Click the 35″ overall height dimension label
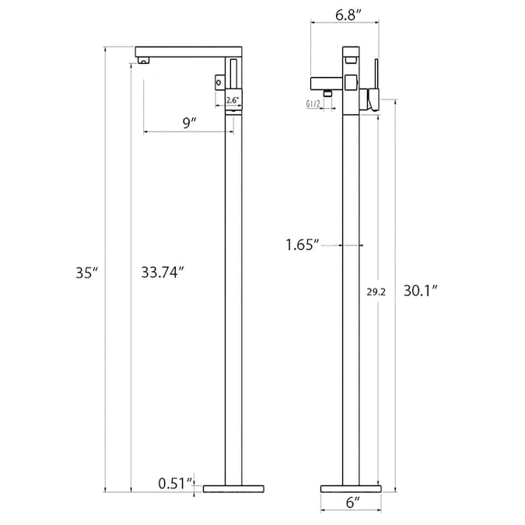pos(86,273)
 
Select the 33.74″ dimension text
pos(163,272)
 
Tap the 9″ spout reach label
pos(189,123)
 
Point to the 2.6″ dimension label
pos(233,100)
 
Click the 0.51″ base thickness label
pos(176,483)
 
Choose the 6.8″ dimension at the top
pos(348,15)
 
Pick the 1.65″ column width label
pos(303,245)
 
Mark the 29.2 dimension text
pos(376,292)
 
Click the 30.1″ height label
pos(421,291)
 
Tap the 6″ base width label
pos(352,502)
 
